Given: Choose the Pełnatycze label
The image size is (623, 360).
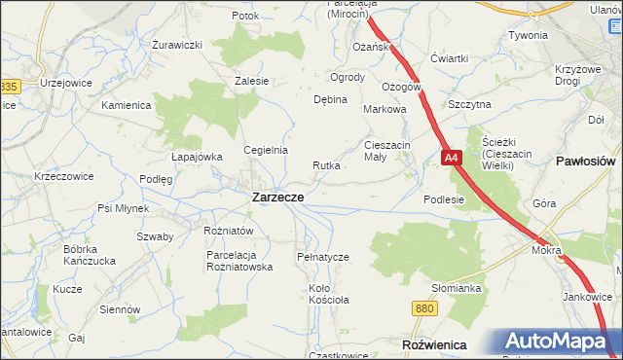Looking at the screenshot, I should tap(322, 257).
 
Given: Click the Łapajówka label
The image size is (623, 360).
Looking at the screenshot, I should tap(197, 157).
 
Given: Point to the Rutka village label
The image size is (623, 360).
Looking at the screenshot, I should tap(326, 165).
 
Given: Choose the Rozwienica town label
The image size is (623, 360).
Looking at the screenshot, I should tap(433, 345).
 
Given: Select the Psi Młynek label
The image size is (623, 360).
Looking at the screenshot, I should tap(123, 208).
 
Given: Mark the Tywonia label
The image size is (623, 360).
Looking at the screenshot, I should tap(527, 35).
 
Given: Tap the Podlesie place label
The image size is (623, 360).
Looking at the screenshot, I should tap(444, 199).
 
